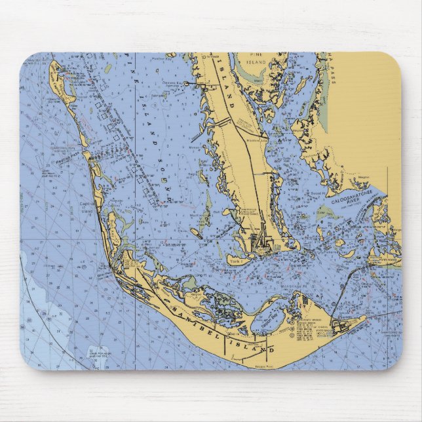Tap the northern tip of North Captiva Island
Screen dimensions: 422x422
tap(52, 63)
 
